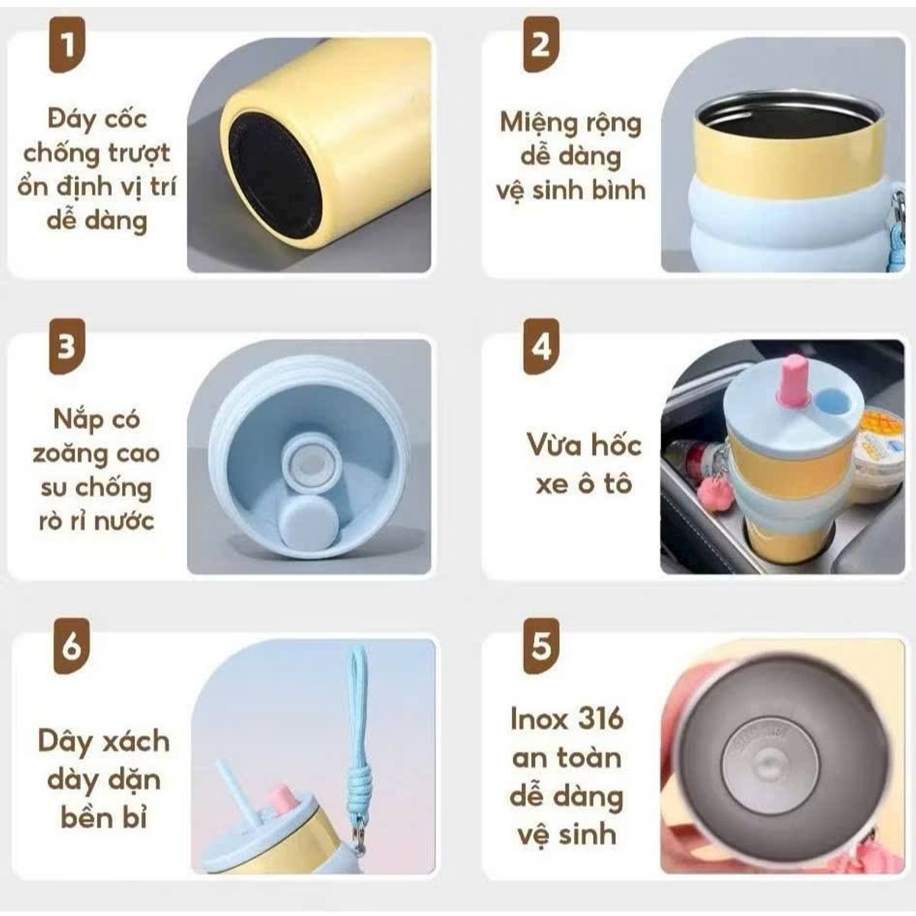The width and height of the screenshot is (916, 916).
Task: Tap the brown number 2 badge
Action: click(541, 45)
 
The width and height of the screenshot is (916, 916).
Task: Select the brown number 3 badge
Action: click(67, 347)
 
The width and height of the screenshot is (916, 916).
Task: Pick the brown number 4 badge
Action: click(541, 347)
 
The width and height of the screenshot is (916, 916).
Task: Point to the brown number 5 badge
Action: click(541, 647)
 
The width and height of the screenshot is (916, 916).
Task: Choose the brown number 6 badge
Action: click(71, 647)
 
